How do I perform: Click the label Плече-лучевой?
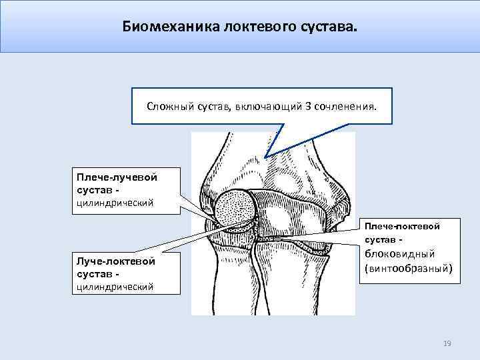pyautogui.click(x=116, y=178)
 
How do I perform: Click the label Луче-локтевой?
pyautogui.click(x=116, y=261)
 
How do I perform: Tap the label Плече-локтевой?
pyautogui.click(x=402, y=226)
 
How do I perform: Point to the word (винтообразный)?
pyautogui.click(x=407, y=269)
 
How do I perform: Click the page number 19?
pyautogui.click(x=447, y=343)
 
